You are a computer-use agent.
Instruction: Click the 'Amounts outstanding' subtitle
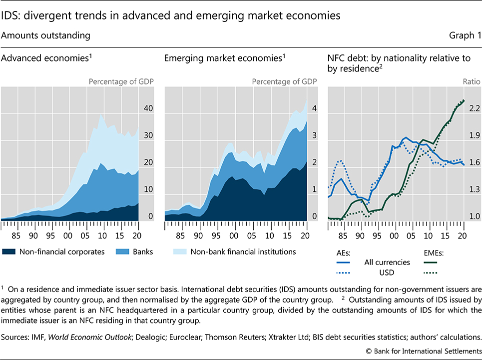pos(46,35)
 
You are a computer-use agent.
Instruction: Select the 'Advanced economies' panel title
pos(47,58)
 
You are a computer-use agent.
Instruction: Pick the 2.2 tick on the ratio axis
pos(461,108)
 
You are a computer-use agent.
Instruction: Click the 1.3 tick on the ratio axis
pos(461,189)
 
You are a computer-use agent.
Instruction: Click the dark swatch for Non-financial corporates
pos(9,251)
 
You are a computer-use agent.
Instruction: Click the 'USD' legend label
pos(388,272)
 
